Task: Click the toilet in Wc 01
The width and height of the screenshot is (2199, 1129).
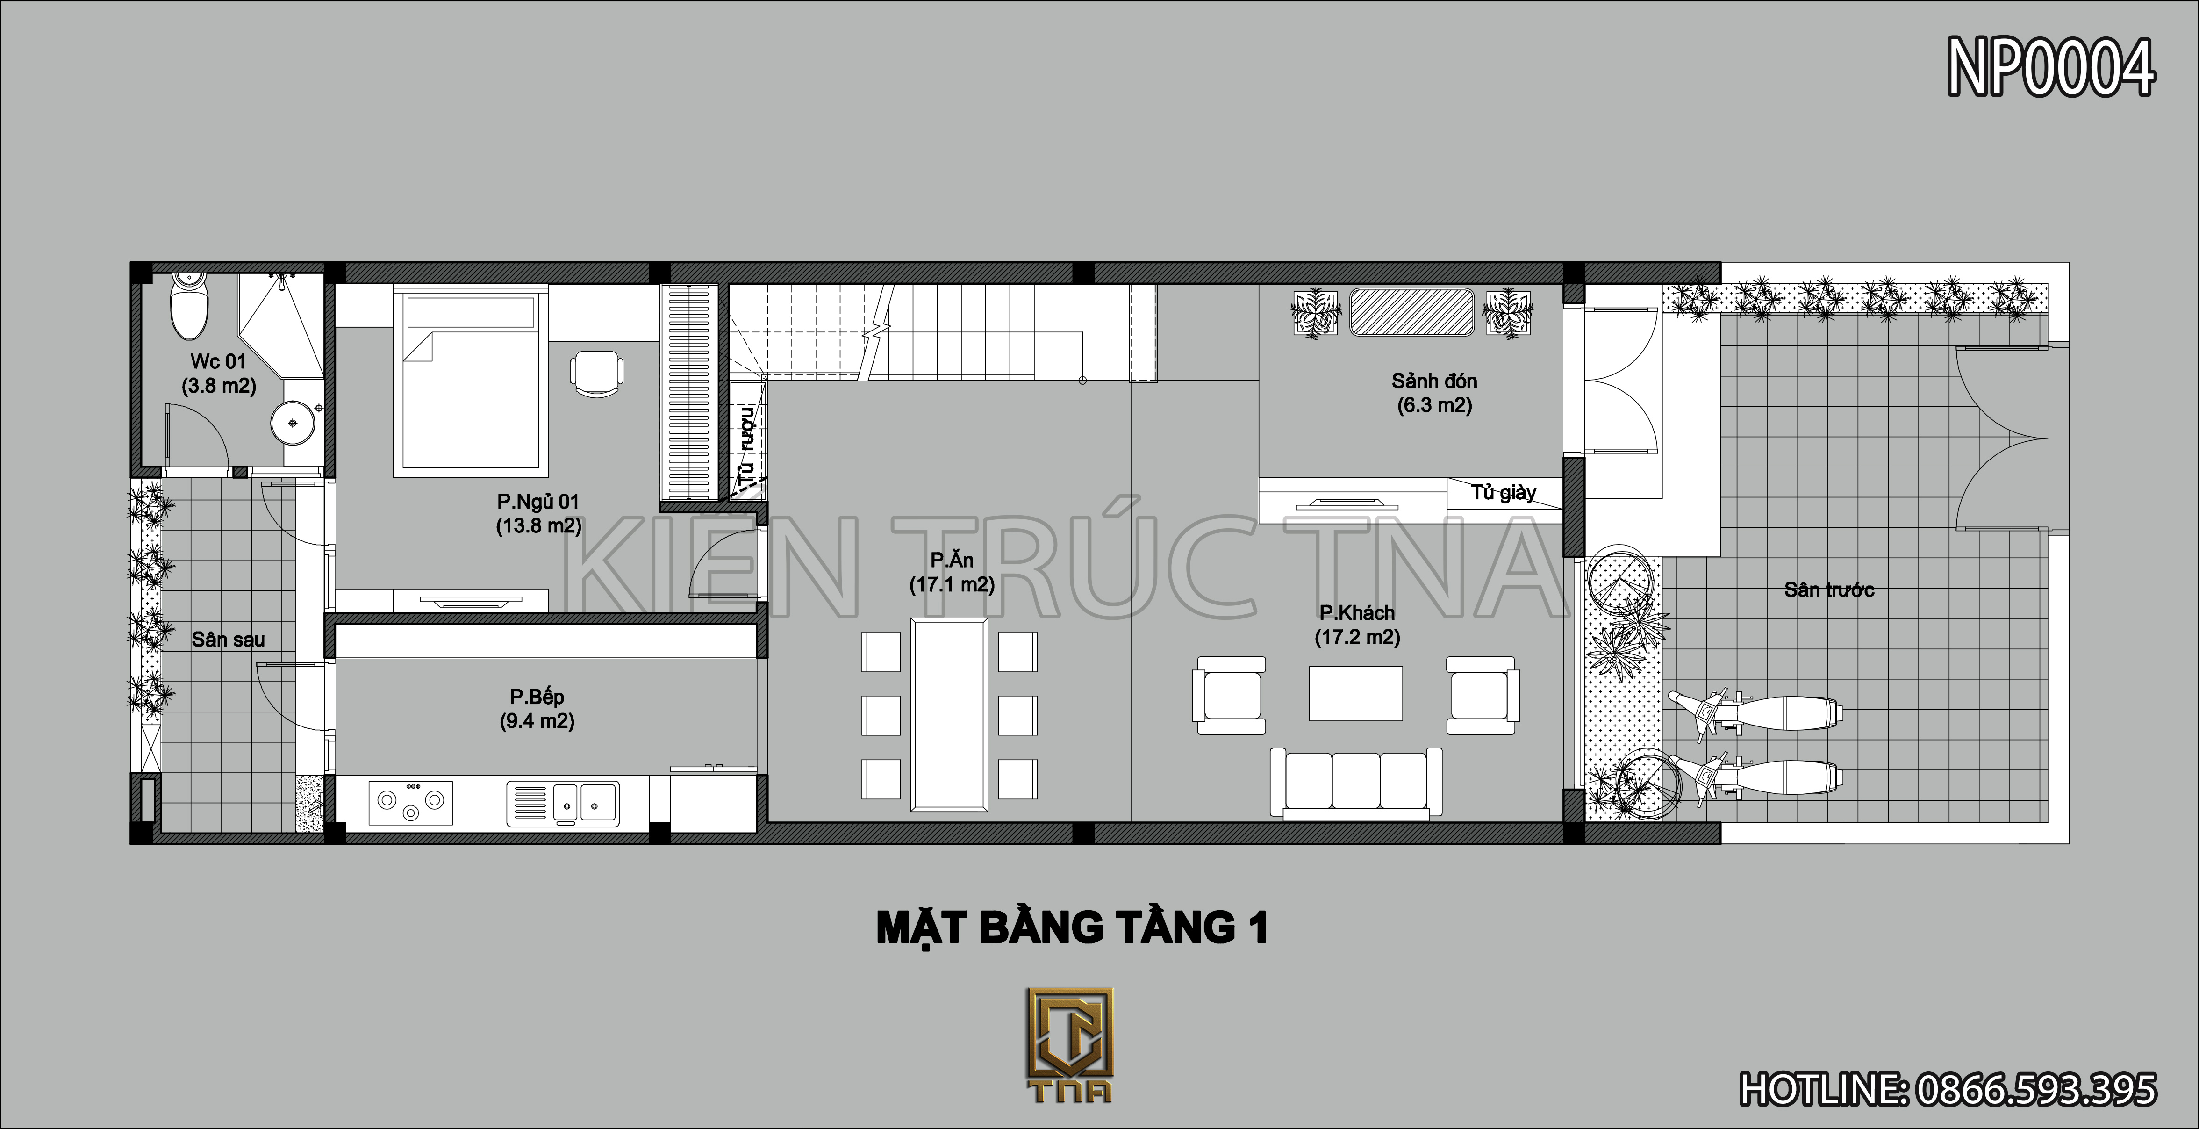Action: click(x=189, y=306)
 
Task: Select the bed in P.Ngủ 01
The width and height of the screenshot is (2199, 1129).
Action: click(x=470, y=382)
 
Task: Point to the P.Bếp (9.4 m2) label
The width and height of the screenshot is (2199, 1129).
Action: click(x=537, y=709)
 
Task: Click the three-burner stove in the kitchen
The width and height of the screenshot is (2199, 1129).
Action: click(x=411, y=802)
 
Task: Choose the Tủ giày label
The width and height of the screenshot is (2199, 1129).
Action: click(x=1503, y=493)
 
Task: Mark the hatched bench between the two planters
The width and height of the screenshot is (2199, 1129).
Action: click(x=1411, y=312)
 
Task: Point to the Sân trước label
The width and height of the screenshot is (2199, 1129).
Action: click(x=1828, y=589)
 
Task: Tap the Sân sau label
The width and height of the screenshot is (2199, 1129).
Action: click(x=228, y=640)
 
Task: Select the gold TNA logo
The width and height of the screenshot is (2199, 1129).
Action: click(x=1070, y=1045)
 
